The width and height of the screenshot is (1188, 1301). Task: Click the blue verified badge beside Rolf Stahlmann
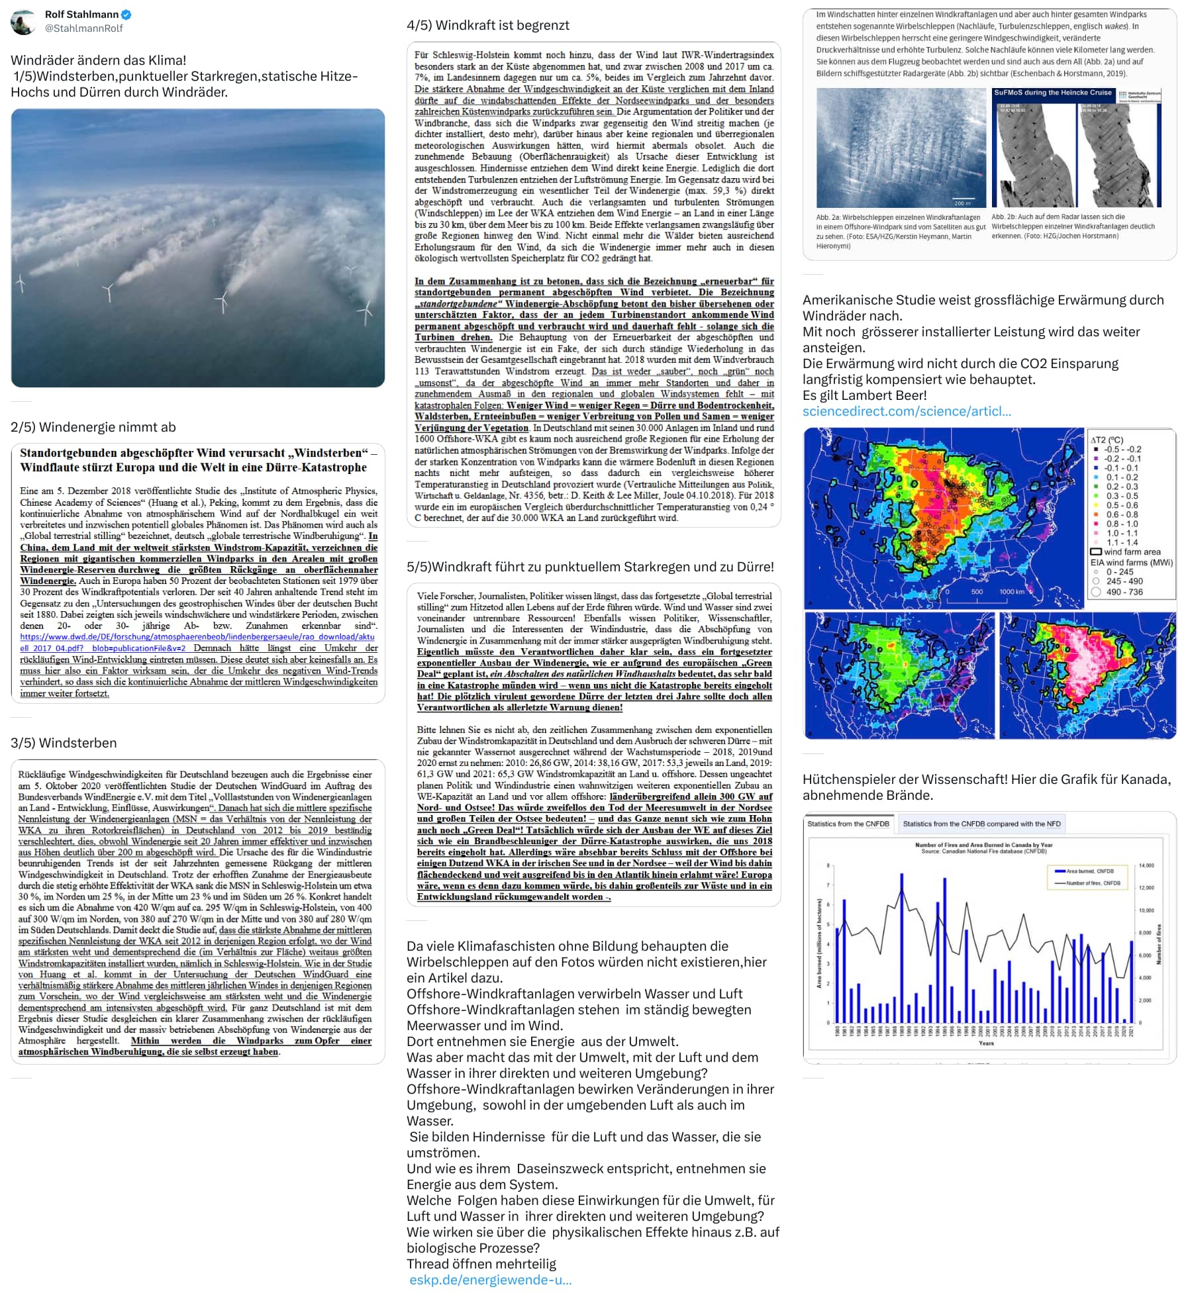pos(126,15)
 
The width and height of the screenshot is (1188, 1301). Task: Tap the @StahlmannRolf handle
pos(83,28)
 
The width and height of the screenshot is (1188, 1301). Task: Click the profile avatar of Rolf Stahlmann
pos(23,22)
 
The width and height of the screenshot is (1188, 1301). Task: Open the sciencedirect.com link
pos(907,411)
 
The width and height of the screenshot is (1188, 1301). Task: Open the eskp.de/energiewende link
pos(490,1280)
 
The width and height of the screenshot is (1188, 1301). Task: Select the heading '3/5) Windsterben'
pos(64,743)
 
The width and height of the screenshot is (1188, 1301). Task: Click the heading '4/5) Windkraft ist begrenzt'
pos(487,25)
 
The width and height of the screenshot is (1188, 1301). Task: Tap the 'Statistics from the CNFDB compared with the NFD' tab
pos(981,824)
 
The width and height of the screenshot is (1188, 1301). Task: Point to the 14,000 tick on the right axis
pos(1146,865)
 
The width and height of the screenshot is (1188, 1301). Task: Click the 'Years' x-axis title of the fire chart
pos(986,1043)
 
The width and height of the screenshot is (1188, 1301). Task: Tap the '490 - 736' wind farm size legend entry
pos(1124,592)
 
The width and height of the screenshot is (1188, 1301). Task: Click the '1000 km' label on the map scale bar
pos(1011,592)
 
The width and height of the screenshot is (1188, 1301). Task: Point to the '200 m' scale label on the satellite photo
pos(962,203)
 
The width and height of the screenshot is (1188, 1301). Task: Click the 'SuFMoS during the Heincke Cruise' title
pos(1052,93)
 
